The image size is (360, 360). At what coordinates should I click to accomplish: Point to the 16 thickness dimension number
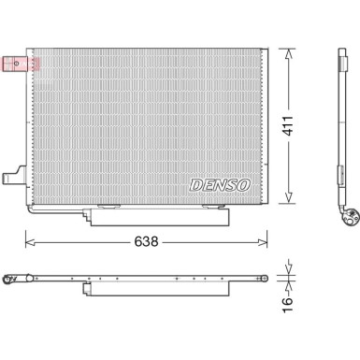tap(289, 300)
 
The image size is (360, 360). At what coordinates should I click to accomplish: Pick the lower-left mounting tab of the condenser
tap(13, 176)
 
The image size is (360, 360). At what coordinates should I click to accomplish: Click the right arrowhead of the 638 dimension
tap(266, 241)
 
